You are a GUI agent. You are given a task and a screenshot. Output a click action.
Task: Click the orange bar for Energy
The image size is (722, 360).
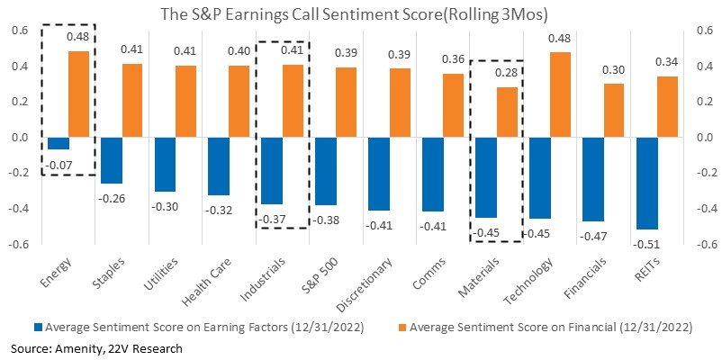[78, 94]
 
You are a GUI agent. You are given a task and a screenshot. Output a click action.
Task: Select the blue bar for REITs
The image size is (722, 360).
[646, 184]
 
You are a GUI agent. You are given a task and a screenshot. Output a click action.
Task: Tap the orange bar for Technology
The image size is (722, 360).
[560, 94]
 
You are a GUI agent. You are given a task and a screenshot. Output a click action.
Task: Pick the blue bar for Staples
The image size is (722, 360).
[112, 160]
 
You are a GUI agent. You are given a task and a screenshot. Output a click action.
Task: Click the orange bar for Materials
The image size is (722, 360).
[507, 112]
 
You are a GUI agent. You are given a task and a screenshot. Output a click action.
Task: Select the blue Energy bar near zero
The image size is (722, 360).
[59, 143]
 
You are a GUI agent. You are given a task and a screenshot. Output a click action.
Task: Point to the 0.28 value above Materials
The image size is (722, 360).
[507, 72]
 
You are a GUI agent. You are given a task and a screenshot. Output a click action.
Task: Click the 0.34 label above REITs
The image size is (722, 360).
[667, 62]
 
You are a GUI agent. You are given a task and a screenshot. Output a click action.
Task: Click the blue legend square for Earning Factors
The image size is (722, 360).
[38, 328]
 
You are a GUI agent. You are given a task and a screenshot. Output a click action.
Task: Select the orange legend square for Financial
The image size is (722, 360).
[402, 328]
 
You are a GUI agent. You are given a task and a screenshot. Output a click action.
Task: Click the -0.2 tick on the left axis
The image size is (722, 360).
[21, 173]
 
